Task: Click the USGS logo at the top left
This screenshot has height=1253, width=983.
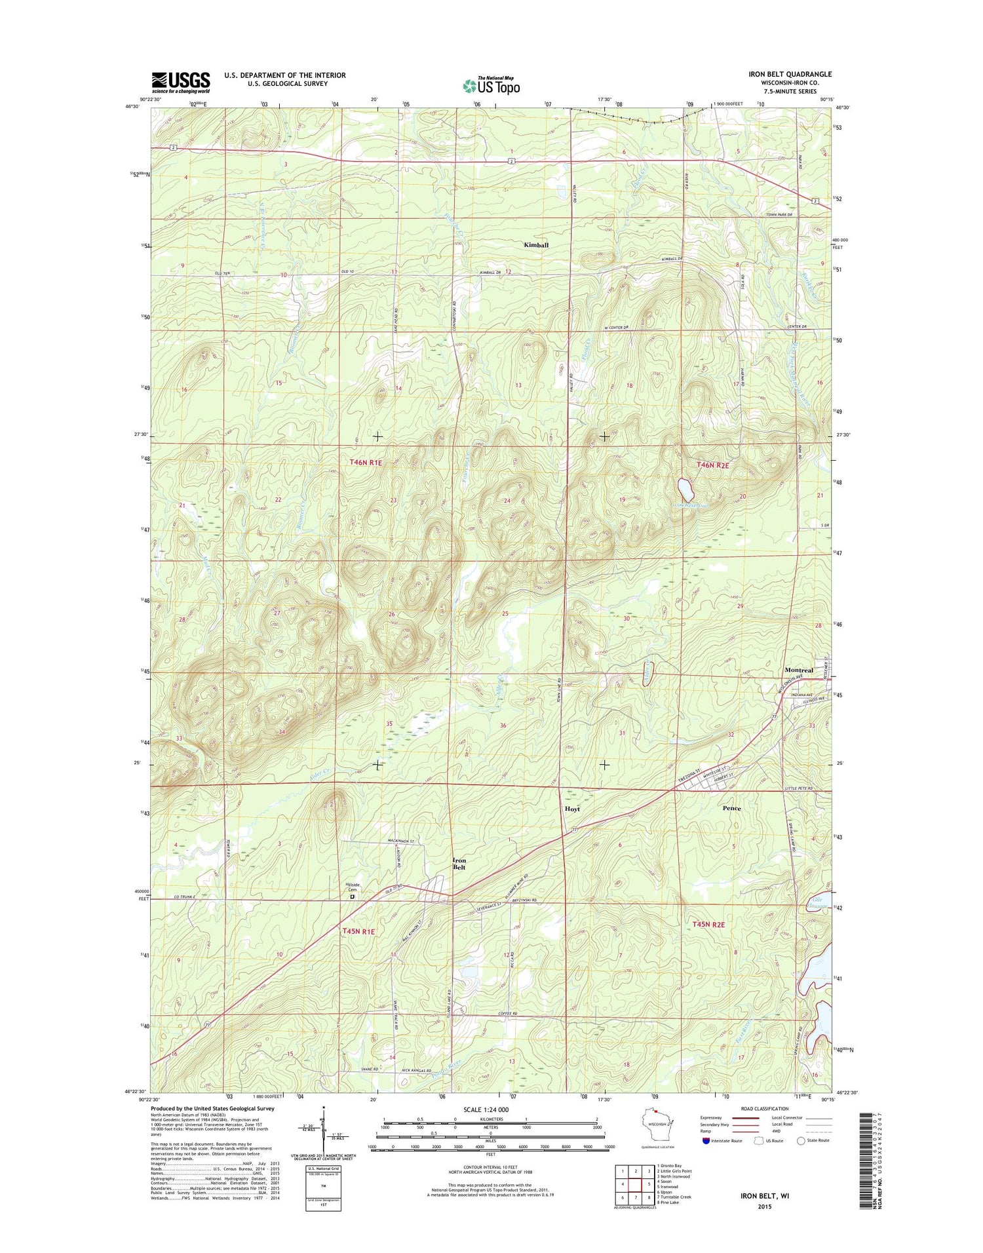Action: click(x=181, y=83)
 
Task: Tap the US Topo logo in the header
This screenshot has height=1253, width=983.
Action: click(x=491, y=86)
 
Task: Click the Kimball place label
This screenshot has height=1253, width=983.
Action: click(x=535, y=245)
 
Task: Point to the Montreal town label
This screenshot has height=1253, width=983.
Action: click(x=798, y=670)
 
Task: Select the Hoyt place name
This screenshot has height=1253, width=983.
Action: click(x=572, y=809)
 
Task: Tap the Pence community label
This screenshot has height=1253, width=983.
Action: click(x=731, y=808)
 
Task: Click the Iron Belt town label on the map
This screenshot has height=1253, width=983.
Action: click(x=459, y=864)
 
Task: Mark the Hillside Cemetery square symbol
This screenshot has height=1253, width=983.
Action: click(x=352, y=897)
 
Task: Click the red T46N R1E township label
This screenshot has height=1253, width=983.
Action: click(x=365, y=463)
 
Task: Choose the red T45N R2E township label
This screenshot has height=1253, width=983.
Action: click(x=708, y=924)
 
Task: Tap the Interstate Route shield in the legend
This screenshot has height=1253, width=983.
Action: click(x=705, y=1140)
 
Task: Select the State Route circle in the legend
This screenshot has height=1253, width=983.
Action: click(x=800, y=1140)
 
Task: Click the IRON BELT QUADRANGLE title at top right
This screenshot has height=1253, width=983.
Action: click(x=790, y=74)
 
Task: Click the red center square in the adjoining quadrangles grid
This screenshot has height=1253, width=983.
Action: click(x=634, y=1185)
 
